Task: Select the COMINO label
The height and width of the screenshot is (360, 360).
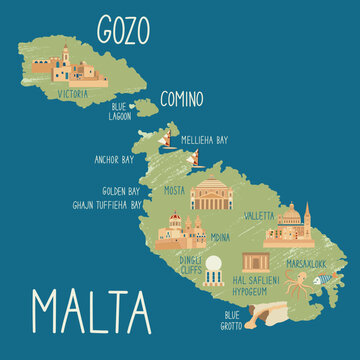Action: click(x=180, y=99)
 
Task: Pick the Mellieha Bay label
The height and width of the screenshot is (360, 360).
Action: click(x=206, y=140)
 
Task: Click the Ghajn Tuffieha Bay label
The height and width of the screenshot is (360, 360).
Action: click(x=108, y=203)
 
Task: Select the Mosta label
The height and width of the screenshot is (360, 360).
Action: click(x=176, y=189)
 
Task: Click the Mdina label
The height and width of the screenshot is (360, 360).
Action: click(x=219, y=237)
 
